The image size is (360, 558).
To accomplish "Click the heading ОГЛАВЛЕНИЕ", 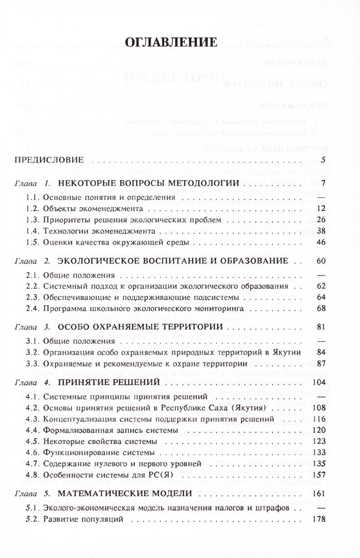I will tap(171, 42).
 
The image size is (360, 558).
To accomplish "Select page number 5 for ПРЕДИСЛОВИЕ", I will tap(323, 159).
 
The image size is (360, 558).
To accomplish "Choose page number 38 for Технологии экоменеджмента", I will tap(320, 231).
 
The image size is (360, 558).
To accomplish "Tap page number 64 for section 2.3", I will tap(320, 297).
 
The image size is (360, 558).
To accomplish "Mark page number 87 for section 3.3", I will tap(320, 363).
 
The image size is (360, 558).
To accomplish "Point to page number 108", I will tap(318, 407).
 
